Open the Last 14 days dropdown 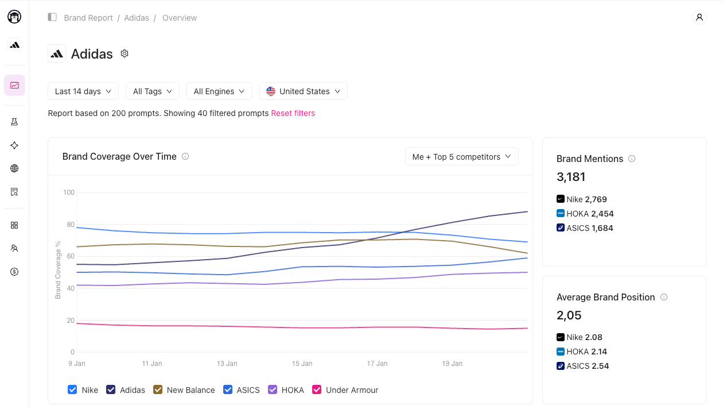tap(83, 91)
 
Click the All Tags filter tap(153, 91)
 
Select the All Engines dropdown tap(219, 91)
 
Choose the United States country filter tap(304, 91)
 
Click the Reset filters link tap(293, 113)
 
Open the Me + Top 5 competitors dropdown tap(461, 157)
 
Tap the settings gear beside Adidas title tap(125, 53)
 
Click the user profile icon tap(699, 17)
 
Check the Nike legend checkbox tap(72, 389)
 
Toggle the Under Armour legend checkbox tap(317, 389)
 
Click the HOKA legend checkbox tap(273, 389)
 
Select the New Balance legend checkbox tap(158, 389)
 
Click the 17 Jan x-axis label tap(377, 364)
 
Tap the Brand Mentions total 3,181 tap(571, 177)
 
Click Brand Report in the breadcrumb tap(88, 18)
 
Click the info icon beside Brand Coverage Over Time tap(185, 156)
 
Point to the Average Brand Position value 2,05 tap(569, 315)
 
